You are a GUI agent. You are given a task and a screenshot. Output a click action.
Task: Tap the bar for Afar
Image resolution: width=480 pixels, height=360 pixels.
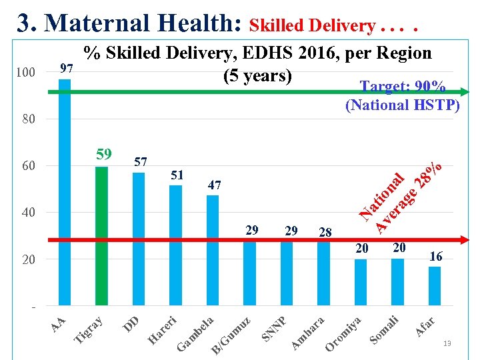click(x=434, y=285)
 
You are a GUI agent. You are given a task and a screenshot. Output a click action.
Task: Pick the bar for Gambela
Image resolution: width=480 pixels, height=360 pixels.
click(x=213, y=250)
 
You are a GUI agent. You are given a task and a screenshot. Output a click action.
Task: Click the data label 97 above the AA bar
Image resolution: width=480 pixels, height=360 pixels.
click(x=66, y=69)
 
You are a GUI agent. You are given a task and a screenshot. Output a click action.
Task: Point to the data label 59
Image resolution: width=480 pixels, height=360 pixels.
click(x=103, y=155)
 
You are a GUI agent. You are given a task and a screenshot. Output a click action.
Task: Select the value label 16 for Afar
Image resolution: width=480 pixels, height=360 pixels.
click(x=435, y=257)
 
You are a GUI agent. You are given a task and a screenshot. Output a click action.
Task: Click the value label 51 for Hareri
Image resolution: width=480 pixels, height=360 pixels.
click(x=177, y=175)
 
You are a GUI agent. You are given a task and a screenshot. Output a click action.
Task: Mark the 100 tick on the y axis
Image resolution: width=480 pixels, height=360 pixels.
click(x=26, y=72)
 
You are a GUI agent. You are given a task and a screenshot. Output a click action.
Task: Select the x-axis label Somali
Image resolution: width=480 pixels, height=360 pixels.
click(x=385, y=330)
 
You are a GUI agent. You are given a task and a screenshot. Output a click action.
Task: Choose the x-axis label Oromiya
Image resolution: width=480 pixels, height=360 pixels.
click(x=343, y=333)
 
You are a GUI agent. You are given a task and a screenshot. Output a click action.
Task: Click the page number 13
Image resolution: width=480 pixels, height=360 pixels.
click(x=447, y=343)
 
